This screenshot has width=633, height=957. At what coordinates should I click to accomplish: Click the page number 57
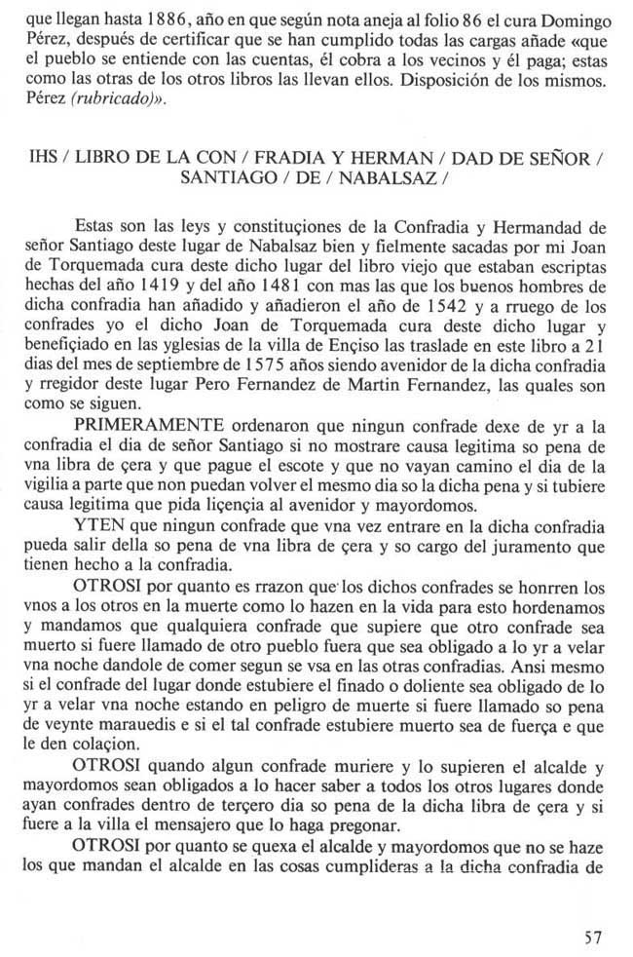tap(592, 938)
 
